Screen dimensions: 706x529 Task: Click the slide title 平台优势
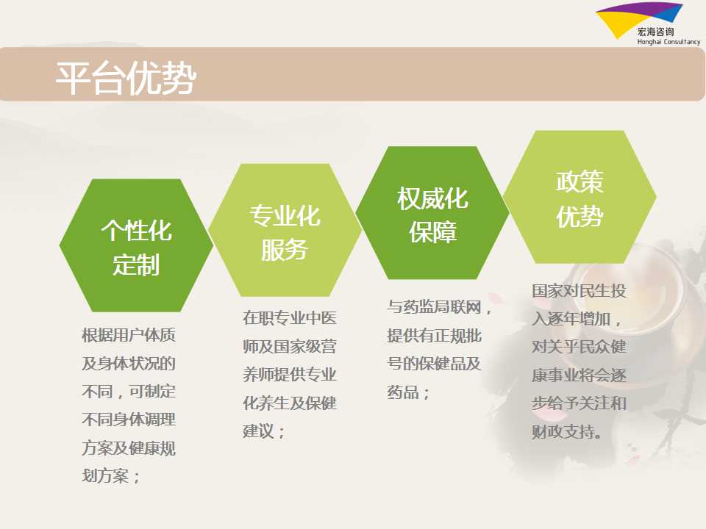click(126, 78)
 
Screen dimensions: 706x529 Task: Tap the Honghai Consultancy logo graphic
click(638, 18)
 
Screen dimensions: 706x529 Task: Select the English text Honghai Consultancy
click(668, 42)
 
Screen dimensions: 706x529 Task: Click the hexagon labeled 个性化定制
click(136, 245)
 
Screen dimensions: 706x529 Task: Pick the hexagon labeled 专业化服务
click(285, 230)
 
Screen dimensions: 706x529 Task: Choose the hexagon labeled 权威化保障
click(432, 213)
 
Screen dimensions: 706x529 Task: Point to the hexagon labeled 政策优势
click(580, 197)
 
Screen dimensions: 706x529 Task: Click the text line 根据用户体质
click(129, 335)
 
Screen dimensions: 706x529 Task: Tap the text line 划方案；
click(111, 476)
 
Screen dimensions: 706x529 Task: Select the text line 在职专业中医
click(290, 318)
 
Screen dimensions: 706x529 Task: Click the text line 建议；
click(264, 431)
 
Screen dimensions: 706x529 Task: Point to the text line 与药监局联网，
click(440, 307)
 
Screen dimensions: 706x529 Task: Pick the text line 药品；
click(408, 392)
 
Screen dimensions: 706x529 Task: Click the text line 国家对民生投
click(579, 291)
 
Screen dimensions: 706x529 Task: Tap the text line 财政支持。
click(567, 432)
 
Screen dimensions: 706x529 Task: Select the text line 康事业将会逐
click(579, 375)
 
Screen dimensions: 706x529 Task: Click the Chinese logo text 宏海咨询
click(655, 32)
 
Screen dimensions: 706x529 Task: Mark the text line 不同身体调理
click(129, 420)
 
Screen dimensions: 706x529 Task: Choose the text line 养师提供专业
click(290, 375)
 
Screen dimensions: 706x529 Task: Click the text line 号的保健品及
click(434, 364)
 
